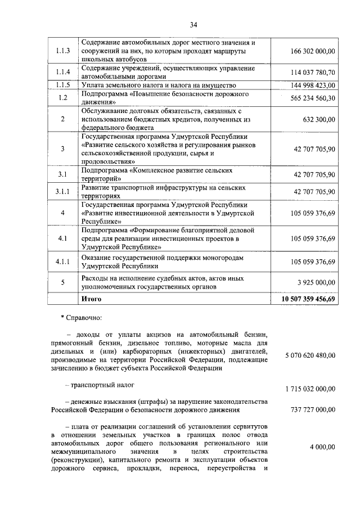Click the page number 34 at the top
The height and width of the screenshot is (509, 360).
(193, 25)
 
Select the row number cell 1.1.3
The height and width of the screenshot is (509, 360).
(63, 51)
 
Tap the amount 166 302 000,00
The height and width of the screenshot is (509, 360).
(313, 51)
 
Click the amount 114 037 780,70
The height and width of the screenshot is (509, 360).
(313, 73)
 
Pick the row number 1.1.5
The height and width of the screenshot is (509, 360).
(63, 85)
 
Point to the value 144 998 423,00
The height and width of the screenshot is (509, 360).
(313, 85)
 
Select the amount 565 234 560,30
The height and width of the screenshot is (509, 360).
(313, 98)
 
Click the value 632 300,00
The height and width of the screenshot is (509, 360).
(318, 119)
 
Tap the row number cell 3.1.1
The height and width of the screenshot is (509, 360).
(63, 192)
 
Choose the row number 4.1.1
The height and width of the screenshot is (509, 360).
(63, 262)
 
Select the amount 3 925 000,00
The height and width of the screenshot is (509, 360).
(316, 282)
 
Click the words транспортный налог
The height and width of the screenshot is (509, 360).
(102, 385)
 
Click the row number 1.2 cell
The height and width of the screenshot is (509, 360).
(63, 98)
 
